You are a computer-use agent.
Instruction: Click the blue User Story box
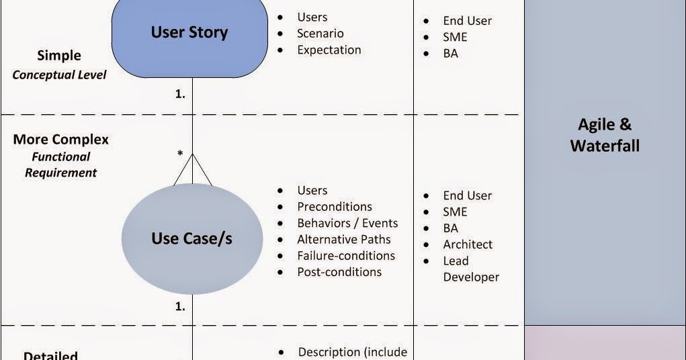(189, 38)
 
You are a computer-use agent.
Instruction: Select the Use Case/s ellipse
(192, 239)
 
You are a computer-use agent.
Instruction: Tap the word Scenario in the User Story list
(320, 34)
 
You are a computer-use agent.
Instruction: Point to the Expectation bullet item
(329, 50)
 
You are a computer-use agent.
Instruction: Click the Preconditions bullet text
(335, 206)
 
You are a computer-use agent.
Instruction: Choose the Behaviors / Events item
(347, 223)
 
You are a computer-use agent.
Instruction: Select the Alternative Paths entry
(344, 239)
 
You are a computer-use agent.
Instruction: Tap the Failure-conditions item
(346, 255)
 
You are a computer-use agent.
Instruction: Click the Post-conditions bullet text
(339, 272)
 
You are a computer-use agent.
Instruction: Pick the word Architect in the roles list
(468, 244)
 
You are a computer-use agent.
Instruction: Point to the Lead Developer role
(471, 269)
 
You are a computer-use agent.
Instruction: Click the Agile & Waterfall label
(605, 135)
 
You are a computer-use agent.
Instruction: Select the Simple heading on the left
(59, 56)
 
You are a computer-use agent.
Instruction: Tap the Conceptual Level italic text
(60, 75)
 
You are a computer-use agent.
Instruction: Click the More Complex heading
(61, 140)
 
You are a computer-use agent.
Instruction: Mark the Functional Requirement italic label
(61, 165)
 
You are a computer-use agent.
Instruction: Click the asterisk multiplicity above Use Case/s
(180, 154)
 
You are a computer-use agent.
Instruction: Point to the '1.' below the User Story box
(180, 93)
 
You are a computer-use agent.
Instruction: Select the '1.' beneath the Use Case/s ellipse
(180, 306)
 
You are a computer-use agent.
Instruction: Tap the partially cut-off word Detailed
(51, 355)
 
